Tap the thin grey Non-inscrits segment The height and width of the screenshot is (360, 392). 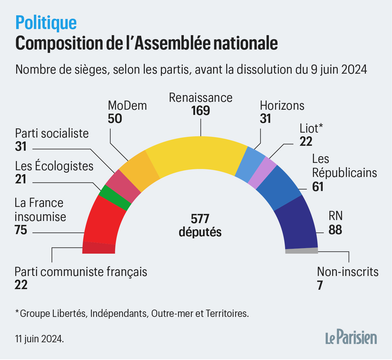[302, 251]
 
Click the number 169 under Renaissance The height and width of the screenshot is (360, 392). [201, 111]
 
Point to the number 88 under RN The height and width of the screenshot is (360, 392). [335, 230]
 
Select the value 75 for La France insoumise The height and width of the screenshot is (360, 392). [21, 230]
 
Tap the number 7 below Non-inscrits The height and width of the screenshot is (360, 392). [320, 285]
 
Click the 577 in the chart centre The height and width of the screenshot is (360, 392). [200, 219]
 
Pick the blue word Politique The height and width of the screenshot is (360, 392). [46, 23]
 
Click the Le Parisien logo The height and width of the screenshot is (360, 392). [351, 337]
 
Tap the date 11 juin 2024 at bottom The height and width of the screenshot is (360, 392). [40, 339]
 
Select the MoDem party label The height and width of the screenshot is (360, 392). [127, 106]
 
